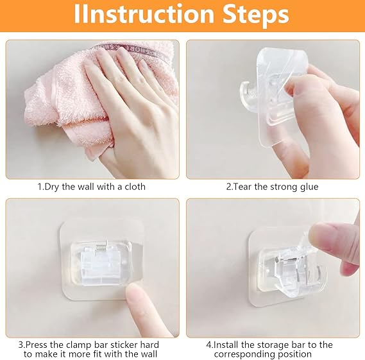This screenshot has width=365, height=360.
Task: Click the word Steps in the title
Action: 255,15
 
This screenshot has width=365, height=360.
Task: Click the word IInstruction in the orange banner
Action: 144,14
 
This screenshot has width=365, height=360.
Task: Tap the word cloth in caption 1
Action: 135,187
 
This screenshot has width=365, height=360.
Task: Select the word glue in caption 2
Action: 308,187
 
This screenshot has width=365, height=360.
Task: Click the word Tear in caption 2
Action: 242,187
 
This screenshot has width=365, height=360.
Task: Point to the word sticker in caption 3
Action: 124,345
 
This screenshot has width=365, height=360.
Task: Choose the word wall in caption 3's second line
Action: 148,354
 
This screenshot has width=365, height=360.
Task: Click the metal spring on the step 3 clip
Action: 102,246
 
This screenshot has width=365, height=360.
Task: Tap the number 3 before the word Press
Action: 21,345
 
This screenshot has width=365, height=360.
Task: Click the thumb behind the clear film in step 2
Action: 300,93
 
